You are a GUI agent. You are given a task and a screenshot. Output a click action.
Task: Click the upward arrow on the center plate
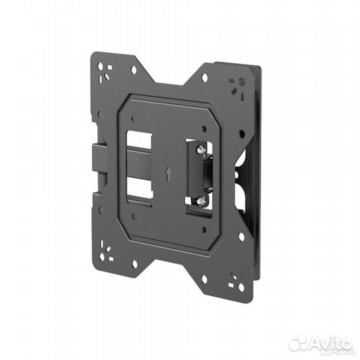coord(169,173)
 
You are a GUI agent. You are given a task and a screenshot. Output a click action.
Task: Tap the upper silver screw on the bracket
coord(201,149)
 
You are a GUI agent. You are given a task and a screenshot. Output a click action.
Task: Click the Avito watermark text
coord(331,343)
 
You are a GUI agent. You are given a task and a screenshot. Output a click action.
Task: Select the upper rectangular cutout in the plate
coord(139,140)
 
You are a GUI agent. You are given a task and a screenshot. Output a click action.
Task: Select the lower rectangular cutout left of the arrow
coord(140,189)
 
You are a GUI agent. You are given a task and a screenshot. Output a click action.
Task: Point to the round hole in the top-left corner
coord(101,67)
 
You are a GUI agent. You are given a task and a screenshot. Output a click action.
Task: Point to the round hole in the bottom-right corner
coord(241,287)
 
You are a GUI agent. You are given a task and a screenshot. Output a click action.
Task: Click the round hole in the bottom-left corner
coord(102,257)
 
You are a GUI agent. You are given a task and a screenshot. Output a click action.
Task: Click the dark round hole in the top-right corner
coord(242,82)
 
